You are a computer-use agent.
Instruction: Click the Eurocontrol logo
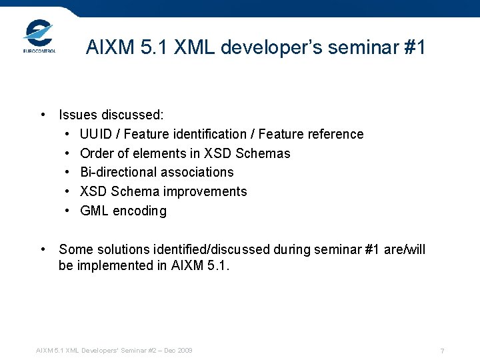click(39, 37)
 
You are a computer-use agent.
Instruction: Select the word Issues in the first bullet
click(78, 115)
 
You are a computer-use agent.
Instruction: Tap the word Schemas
click(263, 153)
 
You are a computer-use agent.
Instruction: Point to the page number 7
click(442, 351)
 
